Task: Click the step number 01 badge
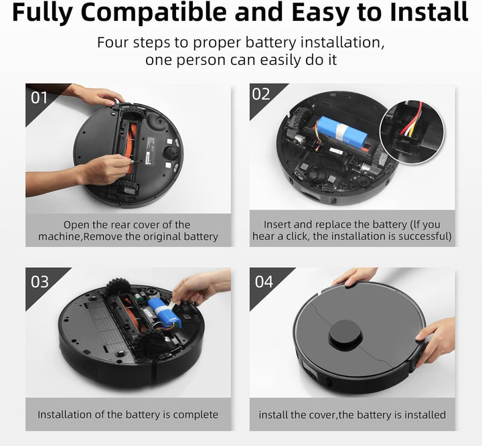click(39, 97)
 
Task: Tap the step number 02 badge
click(261, 94)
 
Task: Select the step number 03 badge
click(39, 281)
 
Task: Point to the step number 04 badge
click(263, 281)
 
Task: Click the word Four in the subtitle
click(116, 43)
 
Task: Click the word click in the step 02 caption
click(311, 236)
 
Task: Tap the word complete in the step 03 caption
click(195, 415)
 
